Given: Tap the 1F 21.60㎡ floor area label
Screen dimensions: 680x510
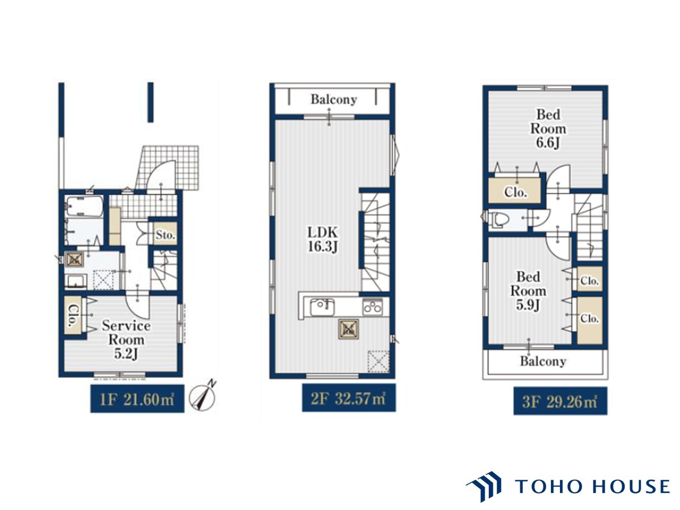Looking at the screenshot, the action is coord(137,398).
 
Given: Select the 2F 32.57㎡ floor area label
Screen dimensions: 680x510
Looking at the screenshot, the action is coord(349,398).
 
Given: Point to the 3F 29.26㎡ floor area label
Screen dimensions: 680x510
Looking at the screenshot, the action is coord(560,401).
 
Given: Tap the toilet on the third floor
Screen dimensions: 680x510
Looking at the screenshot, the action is coord(499,219).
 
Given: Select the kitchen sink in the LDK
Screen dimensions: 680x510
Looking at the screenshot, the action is coord(322,307).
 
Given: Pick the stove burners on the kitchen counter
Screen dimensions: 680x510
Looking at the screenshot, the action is coord(372,307).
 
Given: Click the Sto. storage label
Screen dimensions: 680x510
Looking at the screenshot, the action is coord(165,235).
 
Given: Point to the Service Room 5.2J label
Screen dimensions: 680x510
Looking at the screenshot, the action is coord(126,339).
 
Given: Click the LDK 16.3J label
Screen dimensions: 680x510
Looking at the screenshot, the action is coord(322,240).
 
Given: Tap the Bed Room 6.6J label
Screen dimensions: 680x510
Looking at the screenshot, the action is coord(548,129).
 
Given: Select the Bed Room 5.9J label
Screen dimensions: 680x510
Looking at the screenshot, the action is coord(528,291).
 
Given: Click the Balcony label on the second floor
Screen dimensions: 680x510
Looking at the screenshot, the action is coord(334,99).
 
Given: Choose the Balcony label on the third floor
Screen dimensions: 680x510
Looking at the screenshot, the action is coord(543,361).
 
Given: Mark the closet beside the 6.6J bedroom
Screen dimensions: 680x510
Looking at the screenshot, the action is coord(515,190).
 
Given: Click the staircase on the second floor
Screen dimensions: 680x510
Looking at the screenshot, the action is coord(375,242).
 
